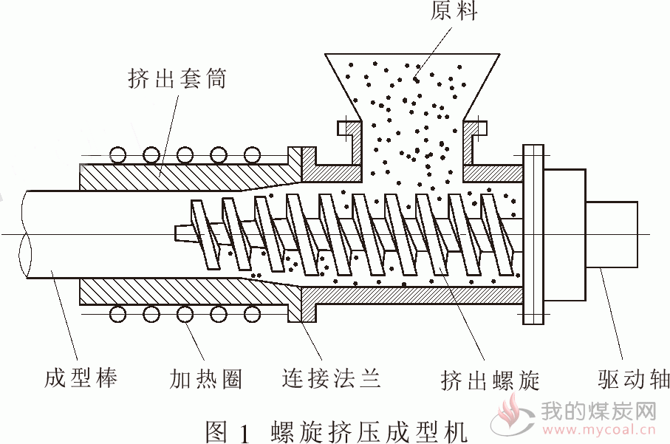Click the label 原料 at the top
pos(454,10)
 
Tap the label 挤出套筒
pos(177,78)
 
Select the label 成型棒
pos(81,378)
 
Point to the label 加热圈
pos(206,379)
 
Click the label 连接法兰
pos(331,378)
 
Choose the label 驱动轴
pos(633,379)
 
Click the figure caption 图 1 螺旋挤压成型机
pos(337,431)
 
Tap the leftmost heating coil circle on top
pos(117,155)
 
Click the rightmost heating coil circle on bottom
pos(252,314)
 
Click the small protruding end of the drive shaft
pos(612,234)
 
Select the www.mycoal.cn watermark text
pos(598,428)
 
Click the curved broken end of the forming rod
pos(25,234)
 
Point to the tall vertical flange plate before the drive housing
pos(533,234)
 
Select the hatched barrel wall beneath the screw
pos(412,296)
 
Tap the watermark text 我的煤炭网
pos(598,411)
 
